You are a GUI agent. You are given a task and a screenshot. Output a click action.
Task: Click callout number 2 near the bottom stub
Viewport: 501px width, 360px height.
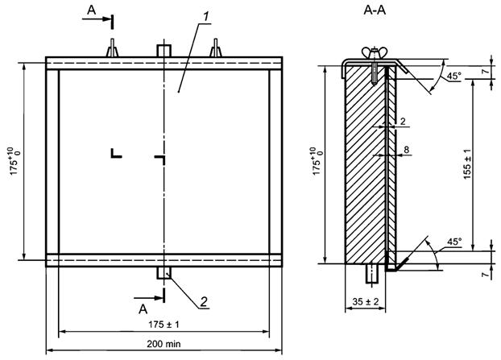(205, 301)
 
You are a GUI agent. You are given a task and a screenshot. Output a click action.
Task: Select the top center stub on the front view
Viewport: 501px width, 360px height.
(164, 51)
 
